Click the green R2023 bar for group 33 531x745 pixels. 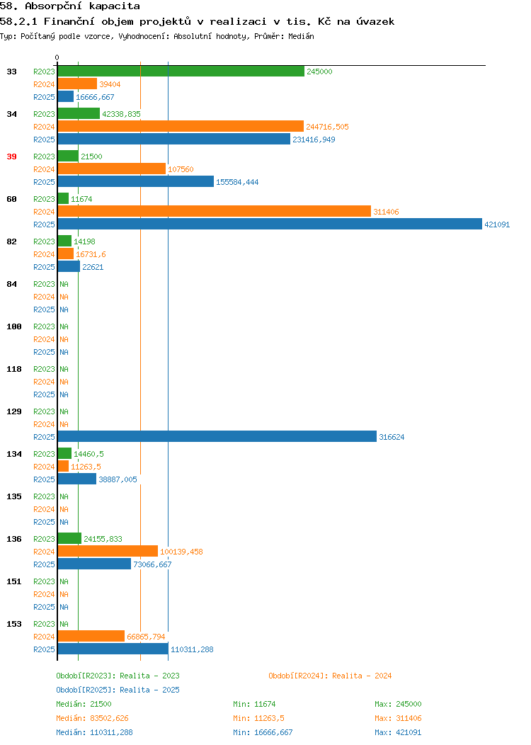point(181,71)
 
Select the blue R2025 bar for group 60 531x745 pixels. point(269,224)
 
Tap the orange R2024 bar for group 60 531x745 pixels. point(214,211)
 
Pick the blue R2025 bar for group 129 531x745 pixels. point(217,436)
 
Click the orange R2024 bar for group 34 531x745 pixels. point(181,126)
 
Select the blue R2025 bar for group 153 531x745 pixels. point(113,649)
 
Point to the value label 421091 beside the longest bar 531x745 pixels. point(497,224)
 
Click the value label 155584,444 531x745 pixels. point(237,182)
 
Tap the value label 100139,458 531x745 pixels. point(181,551)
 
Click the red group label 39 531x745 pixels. point(11,157)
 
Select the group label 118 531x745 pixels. point(14,369)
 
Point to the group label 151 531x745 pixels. point(14,581)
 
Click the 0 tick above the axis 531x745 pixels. point(57,57)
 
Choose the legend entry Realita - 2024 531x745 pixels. point(330,676)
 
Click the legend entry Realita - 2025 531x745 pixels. point(118,690)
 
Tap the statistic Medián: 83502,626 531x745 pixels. point(92,718)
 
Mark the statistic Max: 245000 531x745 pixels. point(398,704)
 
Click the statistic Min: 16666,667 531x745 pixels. point(263,732)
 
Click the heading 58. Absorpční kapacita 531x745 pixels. point(69,6)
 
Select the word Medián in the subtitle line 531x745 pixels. point(301,35)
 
